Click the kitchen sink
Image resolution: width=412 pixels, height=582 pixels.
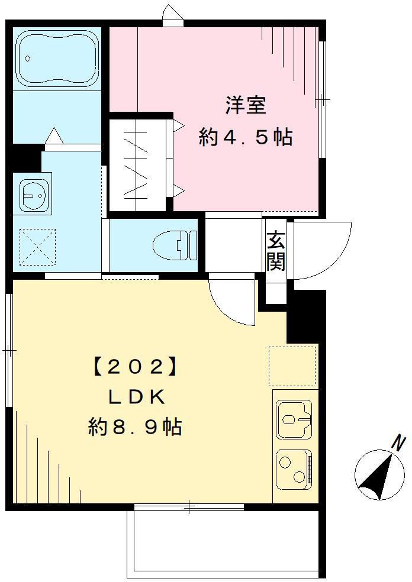[294, 419]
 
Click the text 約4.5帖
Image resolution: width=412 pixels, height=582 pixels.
[245, 138]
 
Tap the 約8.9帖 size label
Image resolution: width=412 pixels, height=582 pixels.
[135, 427]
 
